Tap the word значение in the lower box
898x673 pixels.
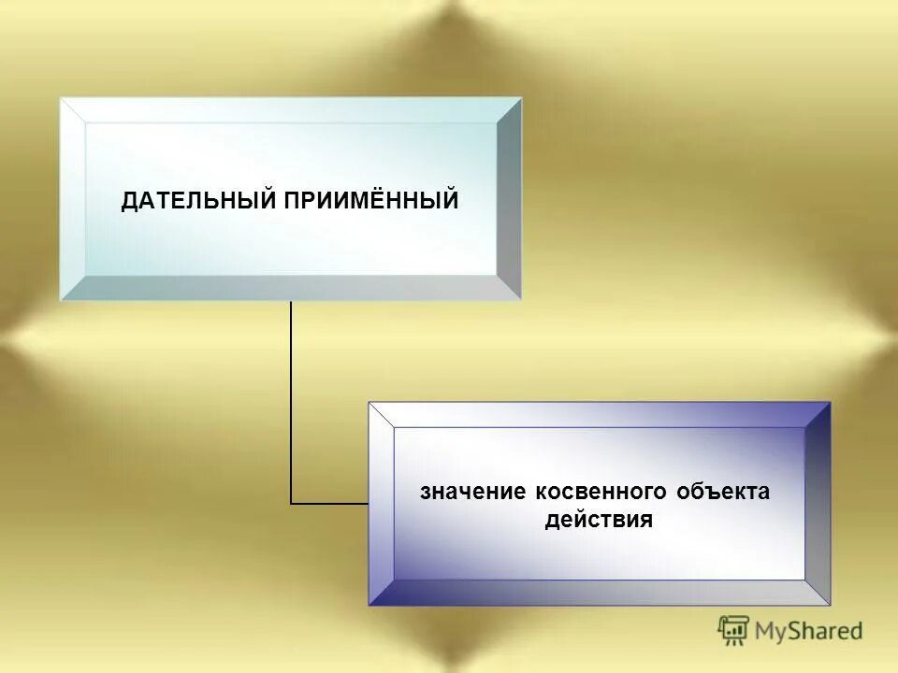pos(473,492)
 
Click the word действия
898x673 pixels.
pos(599,520)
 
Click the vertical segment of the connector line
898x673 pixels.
pos(291,402)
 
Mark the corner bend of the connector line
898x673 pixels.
pos(291,504)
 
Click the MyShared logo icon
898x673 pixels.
pos(733,631)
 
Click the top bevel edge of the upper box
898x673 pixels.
pos(290,110)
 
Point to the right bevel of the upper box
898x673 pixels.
pos(508,198)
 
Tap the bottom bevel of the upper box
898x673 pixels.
pos(290,288)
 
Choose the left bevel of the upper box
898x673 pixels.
pos(73,198)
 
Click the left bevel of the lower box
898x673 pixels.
pos(382,504)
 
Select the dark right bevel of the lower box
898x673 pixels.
pos(818,504)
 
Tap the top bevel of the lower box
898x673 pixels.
pos(599,415)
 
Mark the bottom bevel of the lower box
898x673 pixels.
pos(599,593)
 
